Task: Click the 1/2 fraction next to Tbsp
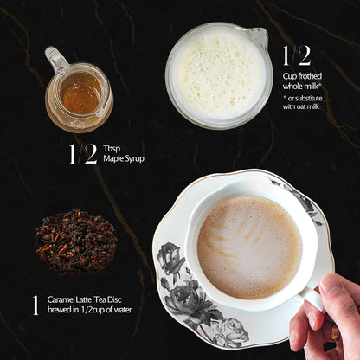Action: (83, 153)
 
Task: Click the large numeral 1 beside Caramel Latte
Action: (35, 305)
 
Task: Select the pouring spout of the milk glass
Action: (257, 35)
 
